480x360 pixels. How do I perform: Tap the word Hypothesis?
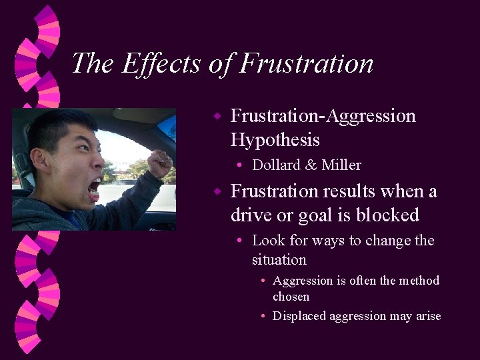click(x=275, y=140)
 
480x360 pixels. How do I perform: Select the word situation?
click(x=279, y=260)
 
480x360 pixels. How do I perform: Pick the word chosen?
click(x=291, y=296)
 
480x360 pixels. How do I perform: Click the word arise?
click(x=427, y=316)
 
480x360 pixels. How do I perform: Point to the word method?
click(x=420, y=281)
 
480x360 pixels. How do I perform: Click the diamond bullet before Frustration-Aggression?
click(x=217, y=116)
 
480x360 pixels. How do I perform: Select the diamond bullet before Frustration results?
click(x=217, y=192)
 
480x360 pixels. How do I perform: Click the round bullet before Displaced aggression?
click(x=264, y=317)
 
